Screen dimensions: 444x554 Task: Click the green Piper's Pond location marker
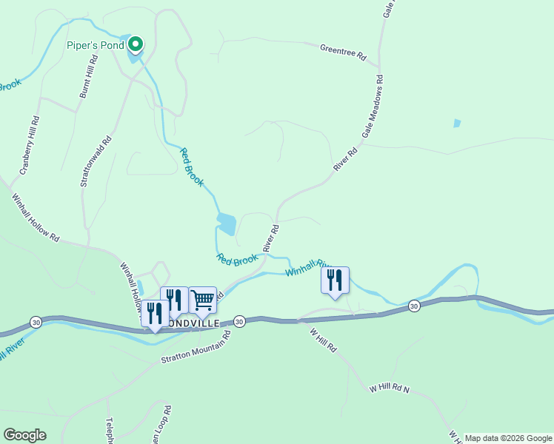point(135,46)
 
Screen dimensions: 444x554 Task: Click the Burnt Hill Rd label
point(88,76)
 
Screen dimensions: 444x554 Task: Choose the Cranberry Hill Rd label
point(30,144)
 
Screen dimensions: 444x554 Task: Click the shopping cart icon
point(202,300)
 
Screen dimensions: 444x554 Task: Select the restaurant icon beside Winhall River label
point(335,281)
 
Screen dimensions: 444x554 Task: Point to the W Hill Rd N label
point(389,388)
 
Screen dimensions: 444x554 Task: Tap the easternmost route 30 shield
point(413,306)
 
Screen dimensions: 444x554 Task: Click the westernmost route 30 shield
point(36,321)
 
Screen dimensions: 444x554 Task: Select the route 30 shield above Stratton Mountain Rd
point(238,322)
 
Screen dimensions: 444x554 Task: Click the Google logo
point(24,435)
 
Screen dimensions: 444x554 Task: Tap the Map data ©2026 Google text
point(508,438)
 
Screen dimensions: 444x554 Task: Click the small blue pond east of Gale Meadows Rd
point(457,124)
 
